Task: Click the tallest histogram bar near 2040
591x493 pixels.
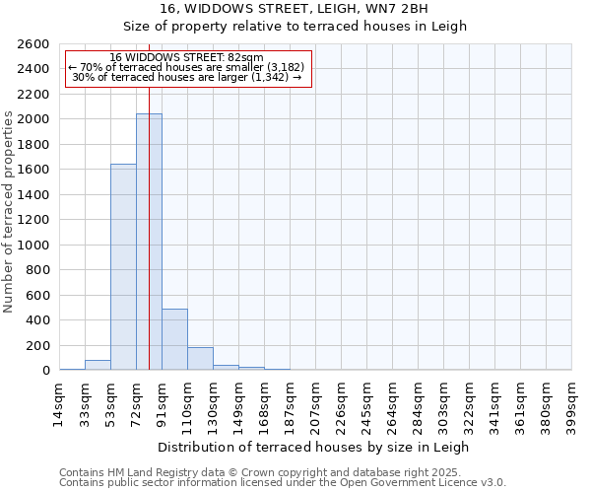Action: click(149, 242)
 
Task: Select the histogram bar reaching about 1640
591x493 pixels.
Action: click(123, 266)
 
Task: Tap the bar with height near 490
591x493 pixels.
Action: click(174, 339)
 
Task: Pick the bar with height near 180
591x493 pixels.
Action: click(200, 359)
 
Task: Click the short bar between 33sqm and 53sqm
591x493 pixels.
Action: click(98, 365)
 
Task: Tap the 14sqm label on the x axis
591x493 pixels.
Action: click(59, 403)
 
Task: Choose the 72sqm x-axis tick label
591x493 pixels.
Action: click(136, 403)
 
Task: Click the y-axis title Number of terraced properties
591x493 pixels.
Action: click(10, 212)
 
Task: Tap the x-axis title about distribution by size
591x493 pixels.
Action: click(314, 447)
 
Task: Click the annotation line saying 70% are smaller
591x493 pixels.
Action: click(187, 67)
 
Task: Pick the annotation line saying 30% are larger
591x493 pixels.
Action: click(187, 77)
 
